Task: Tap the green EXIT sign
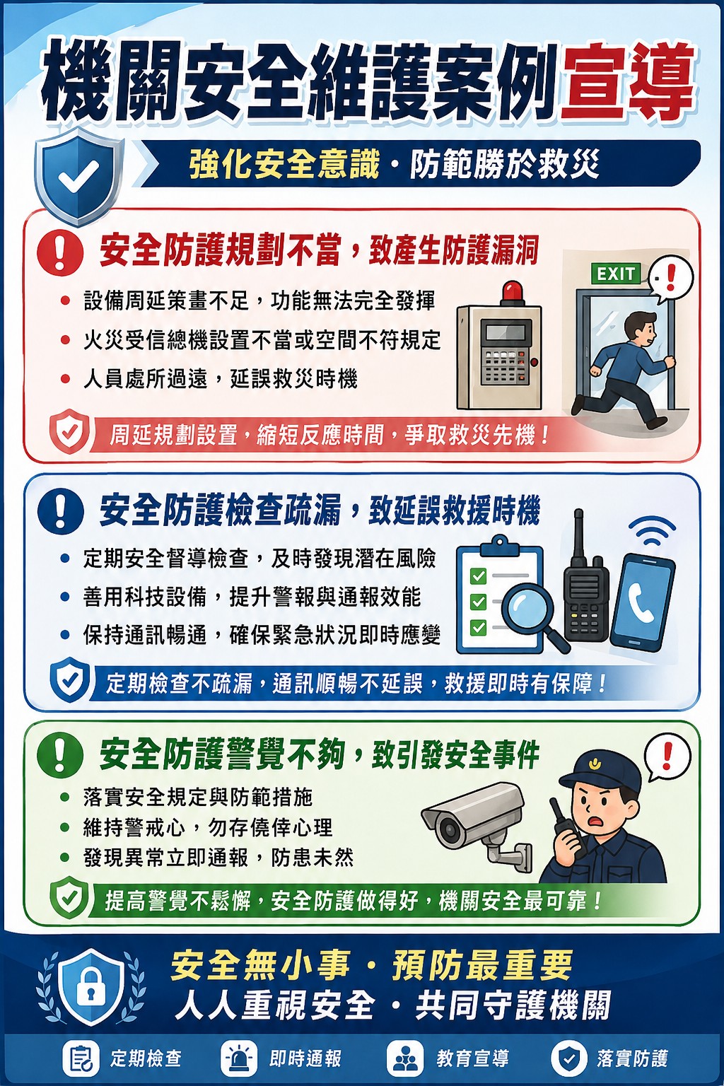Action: (616, 274)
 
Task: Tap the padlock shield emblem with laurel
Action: (90, 983)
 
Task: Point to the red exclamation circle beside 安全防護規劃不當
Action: (60, 252)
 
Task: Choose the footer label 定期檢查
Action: (146, 1058)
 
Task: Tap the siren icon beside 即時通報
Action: (238, 1058)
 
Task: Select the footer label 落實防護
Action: (632, 1058)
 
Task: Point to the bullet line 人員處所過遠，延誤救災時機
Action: (221, 379)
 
